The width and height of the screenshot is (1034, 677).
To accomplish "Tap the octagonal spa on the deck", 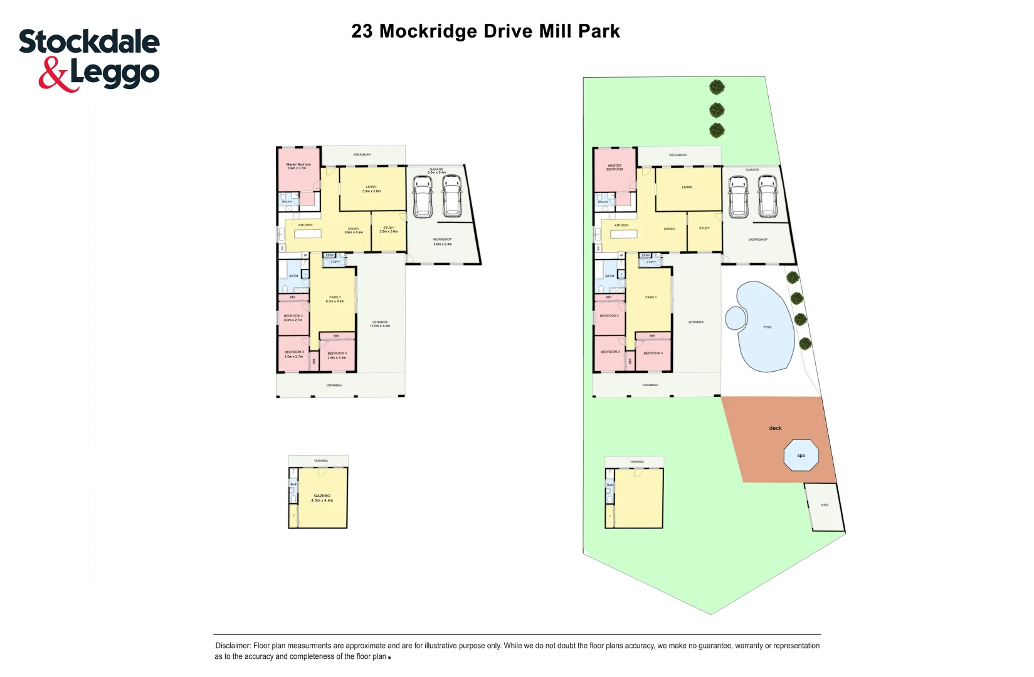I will (801, 456).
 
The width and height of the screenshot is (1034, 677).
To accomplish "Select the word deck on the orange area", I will (775, 428).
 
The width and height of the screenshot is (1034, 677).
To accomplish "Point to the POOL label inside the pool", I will (768, 327).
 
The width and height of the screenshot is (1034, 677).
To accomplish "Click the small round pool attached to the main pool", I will (736, 318).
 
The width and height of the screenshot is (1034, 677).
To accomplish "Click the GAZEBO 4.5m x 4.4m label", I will (322, 498).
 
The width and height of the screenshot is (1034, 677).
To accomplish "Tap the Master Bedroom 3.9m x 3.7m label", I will (298, 166).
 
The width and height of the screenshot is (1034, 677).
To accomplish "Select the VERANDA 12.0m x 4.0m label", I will (380, 324).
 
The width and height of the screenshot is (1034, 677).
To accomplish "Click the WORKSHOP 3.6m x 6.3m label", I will (442, 241).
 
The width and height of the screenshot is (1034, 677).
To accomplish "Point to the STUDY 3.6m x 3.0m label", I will (388, 229).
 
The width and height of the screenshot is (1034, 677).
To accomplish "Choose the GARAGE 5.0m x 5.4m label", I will (436, 171).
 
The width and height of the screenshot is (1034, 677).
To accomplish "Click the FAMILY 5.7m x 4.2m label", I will (335, 299).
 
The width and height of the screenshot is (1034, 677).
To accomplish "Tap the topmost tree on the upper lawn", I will (717, 87).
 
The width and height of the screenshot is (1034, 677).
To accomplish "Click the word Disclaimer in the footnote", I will (233, 646).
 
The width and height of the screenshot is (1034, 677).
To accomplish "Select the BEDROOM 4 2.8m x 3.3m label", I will (337, 355).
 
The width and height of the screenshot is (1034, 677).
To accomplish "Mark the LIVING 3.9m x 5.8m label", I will (371, 189).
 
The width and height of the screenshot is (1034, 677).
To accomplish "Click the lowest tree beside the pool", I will (805, 344).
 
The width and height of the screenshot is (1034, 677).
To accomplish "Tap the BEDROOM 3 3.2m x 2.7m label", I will (293, 354).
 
